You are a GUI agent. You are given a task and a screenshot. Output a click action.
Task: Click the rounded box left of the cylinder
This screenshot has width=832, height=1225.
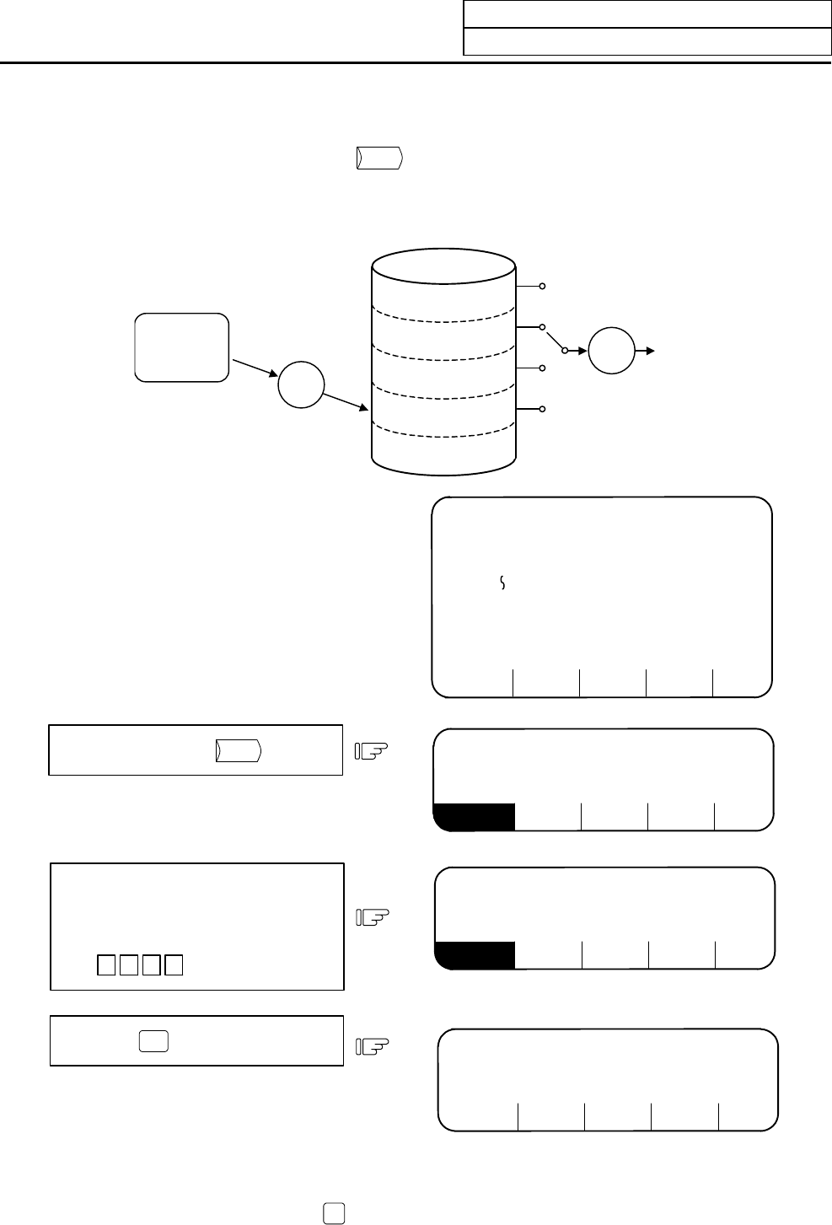coord(182,347)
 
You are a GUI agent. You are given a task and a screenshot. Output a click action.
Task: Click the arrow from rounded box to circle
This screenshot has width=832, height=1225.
coord(255,368)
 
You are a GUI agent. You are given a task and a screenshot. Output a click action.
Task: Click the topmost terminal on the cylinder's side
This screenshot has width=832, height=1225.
coord(544,287)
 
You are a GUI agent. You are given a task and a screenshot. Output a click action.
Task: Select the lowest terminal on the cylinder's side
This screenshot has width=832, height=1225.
coord(544,409)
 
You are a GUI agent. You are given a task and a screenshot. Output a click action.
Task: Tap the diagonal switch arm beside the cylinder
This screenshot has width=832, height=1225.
coord(555,338)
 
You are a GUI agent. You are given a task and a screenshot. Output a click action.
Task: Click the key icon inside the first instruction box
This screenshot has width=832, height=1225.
coord(239,750)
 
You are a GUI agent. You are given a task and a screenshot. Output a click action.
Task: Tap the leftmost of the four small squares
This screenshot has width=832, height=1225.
coord(105,964)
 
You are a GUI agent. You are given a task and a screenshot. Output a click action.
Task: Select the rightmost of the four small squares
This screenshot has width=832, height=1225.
coord(174,964)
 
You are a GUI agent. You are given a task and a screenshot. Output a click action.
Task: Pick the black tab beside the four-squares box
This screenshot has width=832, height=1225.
coord(475,954)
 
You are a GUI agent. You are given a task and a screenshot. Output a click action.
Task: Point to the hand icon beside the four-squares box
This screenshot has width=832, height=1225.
coord(372,916)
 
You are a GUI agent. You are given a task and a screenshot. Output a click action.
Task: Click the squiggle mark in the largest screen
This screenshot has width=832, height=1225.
coord(502,583)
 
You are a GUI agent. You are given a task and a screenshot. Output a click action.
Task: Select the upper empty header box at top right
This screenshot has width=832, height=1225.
coord(647,14)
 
